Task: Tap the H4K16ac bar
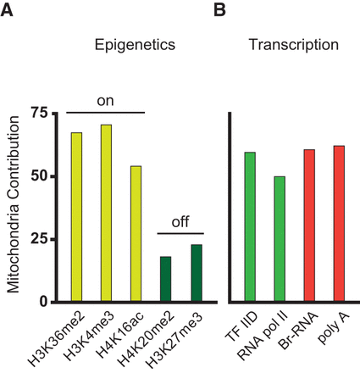136,234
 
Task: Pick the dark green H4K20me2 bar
165,279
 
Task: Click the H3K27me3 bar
196,273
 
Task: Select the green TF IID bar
250,227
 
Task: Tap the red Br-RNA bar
309,225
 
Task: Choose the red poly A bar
339,224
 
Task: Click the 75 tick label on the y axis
37,113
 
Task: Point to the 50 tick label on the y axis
37,176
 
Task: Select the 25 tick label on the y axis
37,239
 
